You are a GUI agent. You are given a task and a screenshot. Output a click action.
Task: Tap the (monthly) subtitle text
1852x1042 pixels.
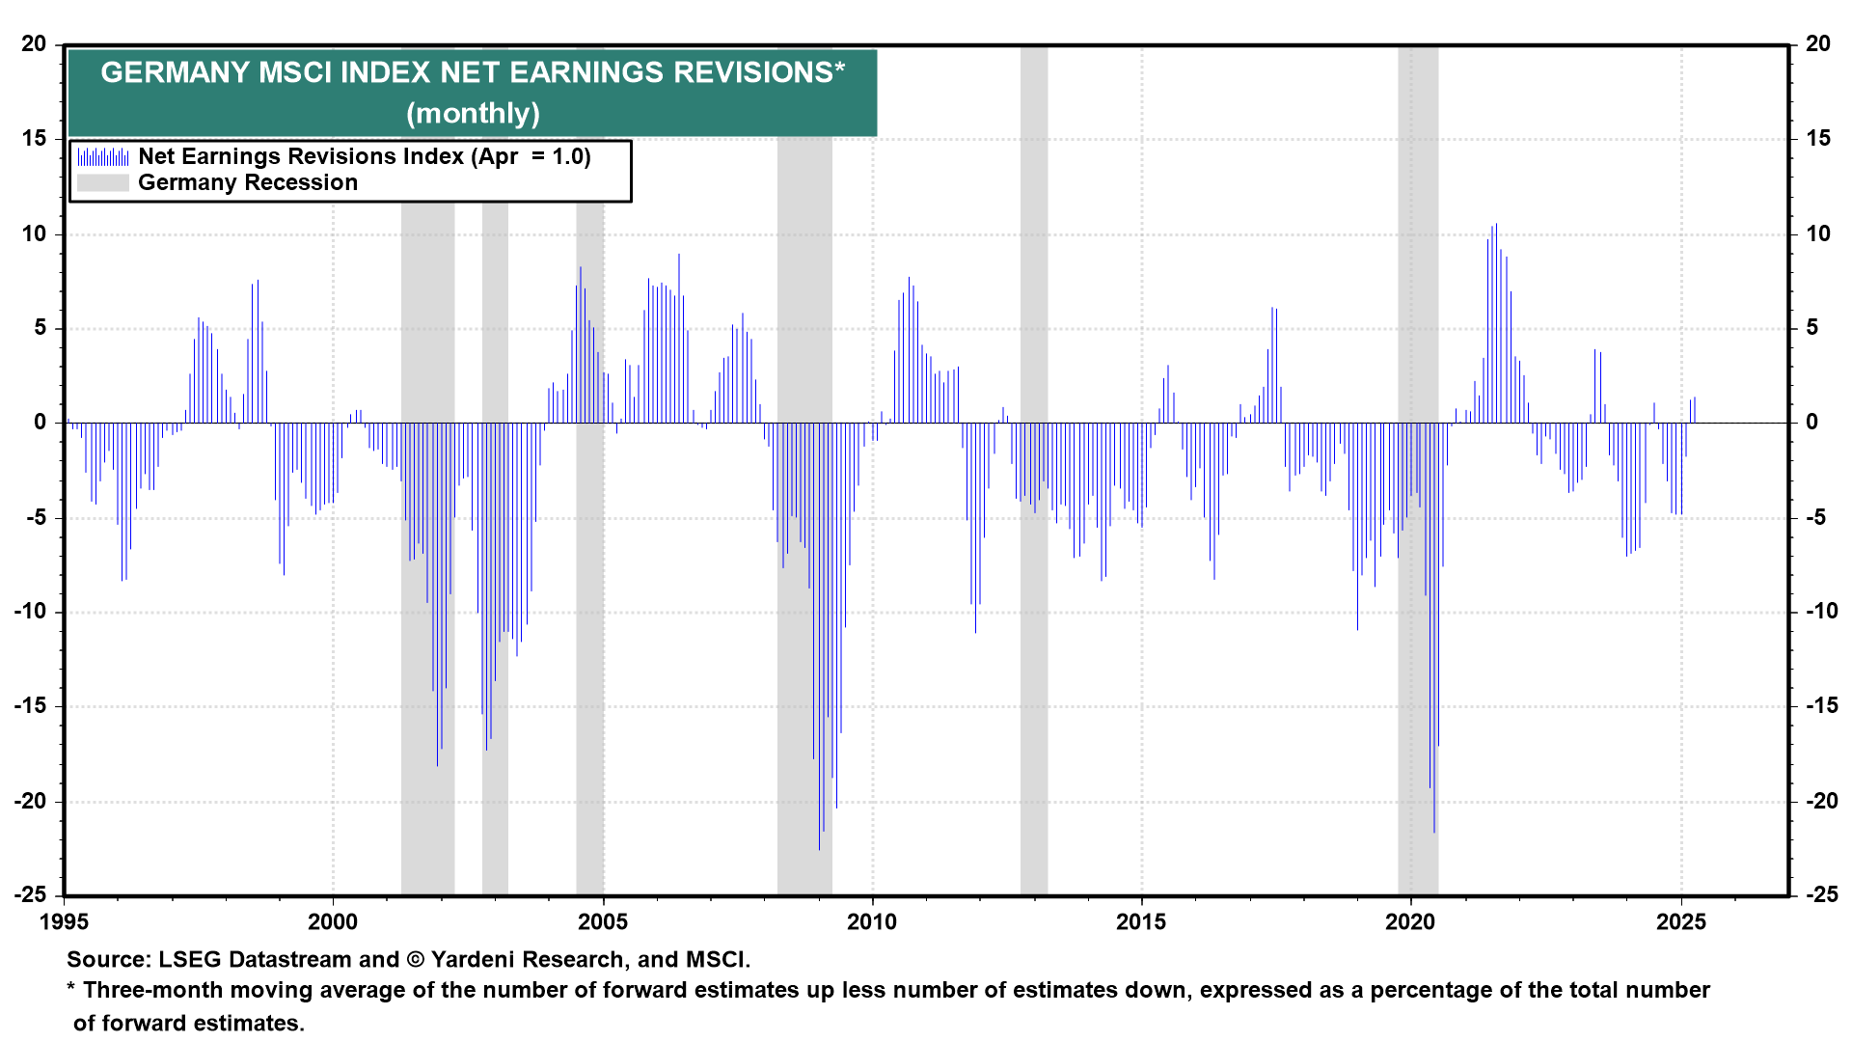pos(473,114)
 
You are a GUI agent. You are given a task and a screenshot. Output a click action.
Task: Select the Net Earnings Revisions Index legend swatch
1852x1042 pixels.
pos(103,156)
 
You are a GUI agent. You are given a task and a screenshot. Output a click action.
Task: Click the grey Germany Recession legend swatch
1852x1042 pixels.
pos(103,183)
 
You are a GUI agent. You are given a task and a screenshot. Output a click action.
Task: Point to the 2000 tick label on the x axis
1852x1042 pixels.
pos(333,922)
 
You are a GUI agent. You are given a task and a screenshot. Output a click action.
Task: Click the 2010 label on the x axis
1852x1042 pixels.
pos(872,922)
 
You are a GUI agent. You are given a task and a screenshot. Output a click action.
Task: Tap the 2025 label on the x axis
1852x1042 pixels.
pos(1681,922)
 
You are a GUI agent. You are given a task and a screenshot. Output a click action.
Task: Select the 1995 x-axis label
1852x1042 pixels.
pos(64,922)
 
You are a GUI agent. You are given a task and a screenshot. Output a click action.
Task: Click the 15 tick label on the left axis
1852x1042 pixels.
pos(34,139)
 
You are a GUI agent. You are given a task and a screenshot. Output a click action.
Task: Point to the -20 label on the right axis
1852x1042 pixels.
pos(1817,801)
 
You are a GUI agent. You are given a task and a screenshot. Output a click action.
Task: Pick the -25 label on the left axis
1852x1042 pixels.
pos(30,894)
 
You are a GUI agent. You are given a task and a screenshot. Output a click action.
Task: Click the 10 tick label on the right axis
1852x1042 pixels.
pos(1818,233)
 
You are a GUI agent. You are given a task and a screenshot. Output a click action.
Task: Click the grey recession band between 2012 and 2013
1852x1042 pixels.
pos(1034,579)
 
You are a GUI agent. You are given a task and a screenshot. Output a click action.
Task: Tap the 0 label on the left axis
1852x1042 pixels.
pos(41,423)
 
